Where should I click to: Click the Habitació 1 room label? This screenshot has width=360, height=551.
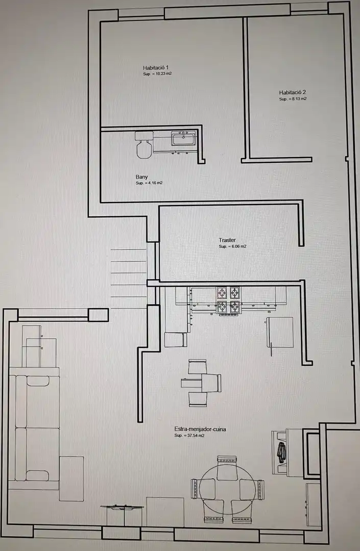click(156, 67)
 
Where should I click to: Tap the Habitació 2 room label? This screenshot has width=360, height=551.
click(293, 92)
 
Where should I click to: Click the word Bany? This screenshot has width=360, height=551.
click(141, 177)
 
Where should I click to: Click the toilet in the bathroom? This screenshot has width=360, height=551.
click(144, 144)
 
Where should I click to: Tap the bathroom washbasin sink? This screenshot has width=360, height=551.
click(183, 138)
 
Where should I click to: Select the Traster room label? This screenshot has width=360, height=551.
click(227, 240)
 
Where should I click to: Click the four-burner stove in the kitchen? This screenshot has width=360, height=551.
click(229, 300)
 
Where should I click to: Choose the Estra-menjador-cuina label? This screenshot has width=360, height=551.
click(200, 429)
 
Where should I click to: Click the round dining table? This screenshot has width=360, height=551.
click(227, 487)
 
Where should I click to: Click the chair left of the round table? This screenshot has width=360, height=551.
click(203, 488)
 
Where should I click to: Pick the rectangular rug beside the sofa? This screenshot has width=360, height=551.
click(71, 479)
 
